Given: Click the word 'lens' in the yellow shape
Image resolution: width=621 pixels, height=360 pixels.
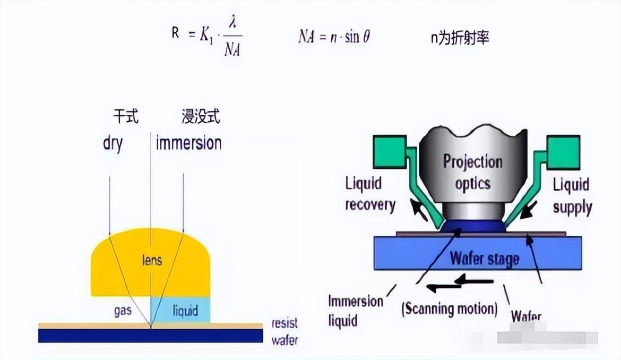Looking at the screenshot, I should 152,261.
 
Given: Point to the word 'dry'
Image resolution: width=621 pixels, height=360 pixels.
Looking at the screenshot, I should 113,143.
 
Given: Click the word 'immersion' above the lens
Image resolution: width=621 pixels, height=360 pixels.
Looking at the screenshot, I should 188,143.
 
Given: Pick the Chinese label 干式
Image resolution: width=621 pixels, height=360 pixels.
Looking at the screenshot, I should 126,117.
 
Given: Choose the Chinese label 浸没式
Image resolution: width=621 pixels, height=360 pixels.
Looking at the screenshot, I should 200,117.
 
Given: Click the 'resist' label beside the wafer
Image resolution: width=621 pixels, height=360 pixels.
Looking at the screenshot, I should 284,323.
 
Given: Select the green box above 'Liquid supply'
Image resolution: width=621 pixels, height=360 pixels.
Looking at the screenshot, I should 563,150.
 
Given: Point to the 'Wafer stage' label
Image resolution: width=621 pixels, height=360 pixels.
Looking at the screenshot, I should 484,259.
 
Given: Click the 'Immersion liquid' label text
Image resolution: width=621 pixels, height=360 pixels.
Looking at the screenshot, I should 355,311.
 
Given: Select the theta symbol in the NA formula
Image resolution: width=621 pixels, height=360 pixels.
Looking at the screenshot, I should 366,38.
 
